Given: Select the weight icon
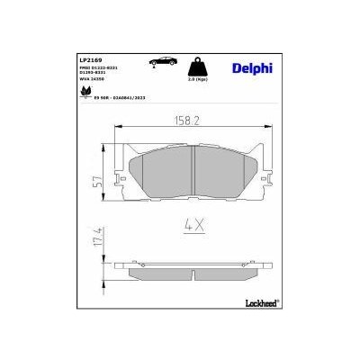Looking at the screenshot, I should click(194, 67).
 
